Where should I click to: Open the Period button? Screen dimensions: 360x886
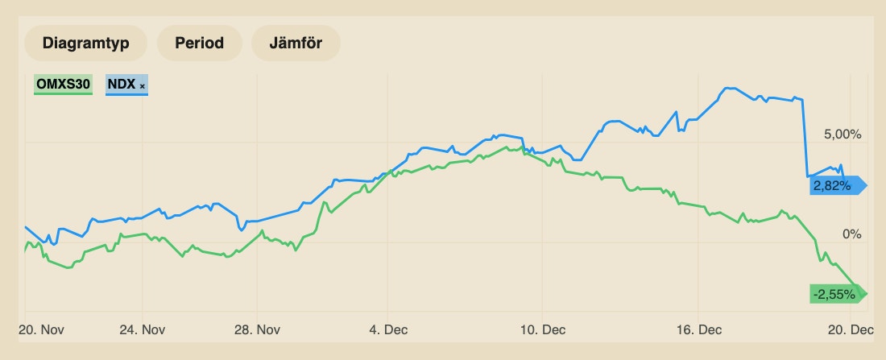coord(200,43)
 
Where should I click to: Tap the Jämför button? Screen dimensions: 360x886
coord(296,43)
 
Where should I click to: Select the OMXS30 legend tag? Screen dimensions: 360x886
coord(62,85)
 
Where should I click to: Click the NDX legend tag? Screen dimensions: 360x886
coord(122,85)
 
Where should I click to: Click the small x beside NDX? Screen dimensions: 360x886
coord(143,85)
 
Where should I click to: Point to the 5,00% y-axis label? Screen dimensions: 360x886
coord(843,134)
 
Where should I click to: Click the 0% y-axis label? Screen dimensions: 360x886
coord(852,234)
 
